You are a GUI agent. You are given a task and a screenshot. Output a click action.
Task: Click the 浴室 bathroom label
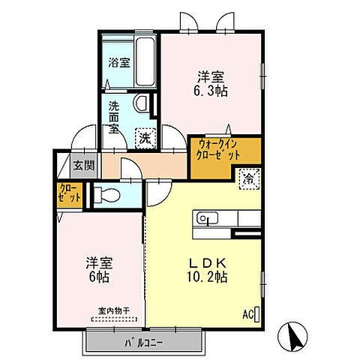pyautogui.click(x=119, y=62)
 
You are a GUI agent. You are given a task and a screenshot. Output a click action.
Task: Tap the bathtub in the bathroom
pyautogui.click(x=145, y=61)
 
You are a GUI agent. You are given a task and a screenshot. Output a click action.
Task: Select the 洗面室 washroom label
pyautogui.click(x=114, y=118)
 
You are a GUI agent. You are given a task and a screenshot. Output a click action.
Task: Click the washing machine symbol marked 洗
pyautogui.click(x=145, y=139)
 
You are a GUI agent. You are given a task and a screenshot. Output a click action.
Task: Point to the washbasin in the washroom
pyautogui.click(x=141, y=103)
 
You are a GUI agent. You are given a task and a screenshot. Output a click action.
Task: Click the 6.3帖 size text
pyautogui.click(x=211, y=91)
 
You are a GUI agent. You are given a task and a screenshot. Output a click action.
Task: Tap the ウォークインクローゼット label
pyautogui.click(x=217, y=150)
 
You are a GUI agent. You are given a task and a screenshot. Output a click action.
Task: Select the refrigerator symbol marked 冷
pyautogui.click(x=249, y=179)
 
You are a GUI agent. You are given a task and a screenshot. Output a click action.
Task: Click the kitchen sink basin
pyautogui.click(x=207, y=218)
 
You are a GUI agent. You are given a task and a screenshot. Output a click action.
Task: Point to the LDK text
pyautogui.click(x=208, y=263)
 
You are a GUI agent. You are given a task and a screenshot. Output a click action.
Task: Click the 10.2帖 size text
pyautogui.click(x=207, y=277)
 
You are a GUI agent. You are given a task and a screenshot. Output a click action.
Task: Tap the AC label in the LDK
pyautogui.click(x=247, y=315)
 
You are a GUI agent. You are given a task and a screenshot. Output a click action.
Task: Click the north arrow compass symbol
pyautogui.click(x=292, y=336)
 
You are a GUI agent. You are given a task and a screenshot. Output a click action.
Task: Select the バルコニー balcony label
pyautogui.click(x=143, y=343)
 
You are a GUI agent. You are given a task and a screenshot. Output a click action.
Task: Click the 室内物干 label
pyautogui.click(x=114, y=311)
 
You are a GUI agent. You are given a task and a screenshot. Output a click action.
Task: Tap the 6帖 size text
pyautogui.click(x=99, y=277)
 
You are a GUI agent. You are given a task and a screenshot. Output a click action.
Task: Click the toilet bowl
pyautogui.click(x=107, y=195)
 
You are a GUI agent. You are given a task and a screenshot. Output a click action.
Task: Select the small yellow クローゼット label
pyautogui.click(x=69, y=193)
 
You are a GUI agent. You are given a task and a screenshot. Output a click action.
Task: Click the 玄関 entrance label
pyautogui.click(x=84, y=165)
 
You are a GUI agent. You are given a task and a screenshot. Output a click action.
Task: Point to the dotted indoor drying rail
pyautogui.click(x=114, y=319)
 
